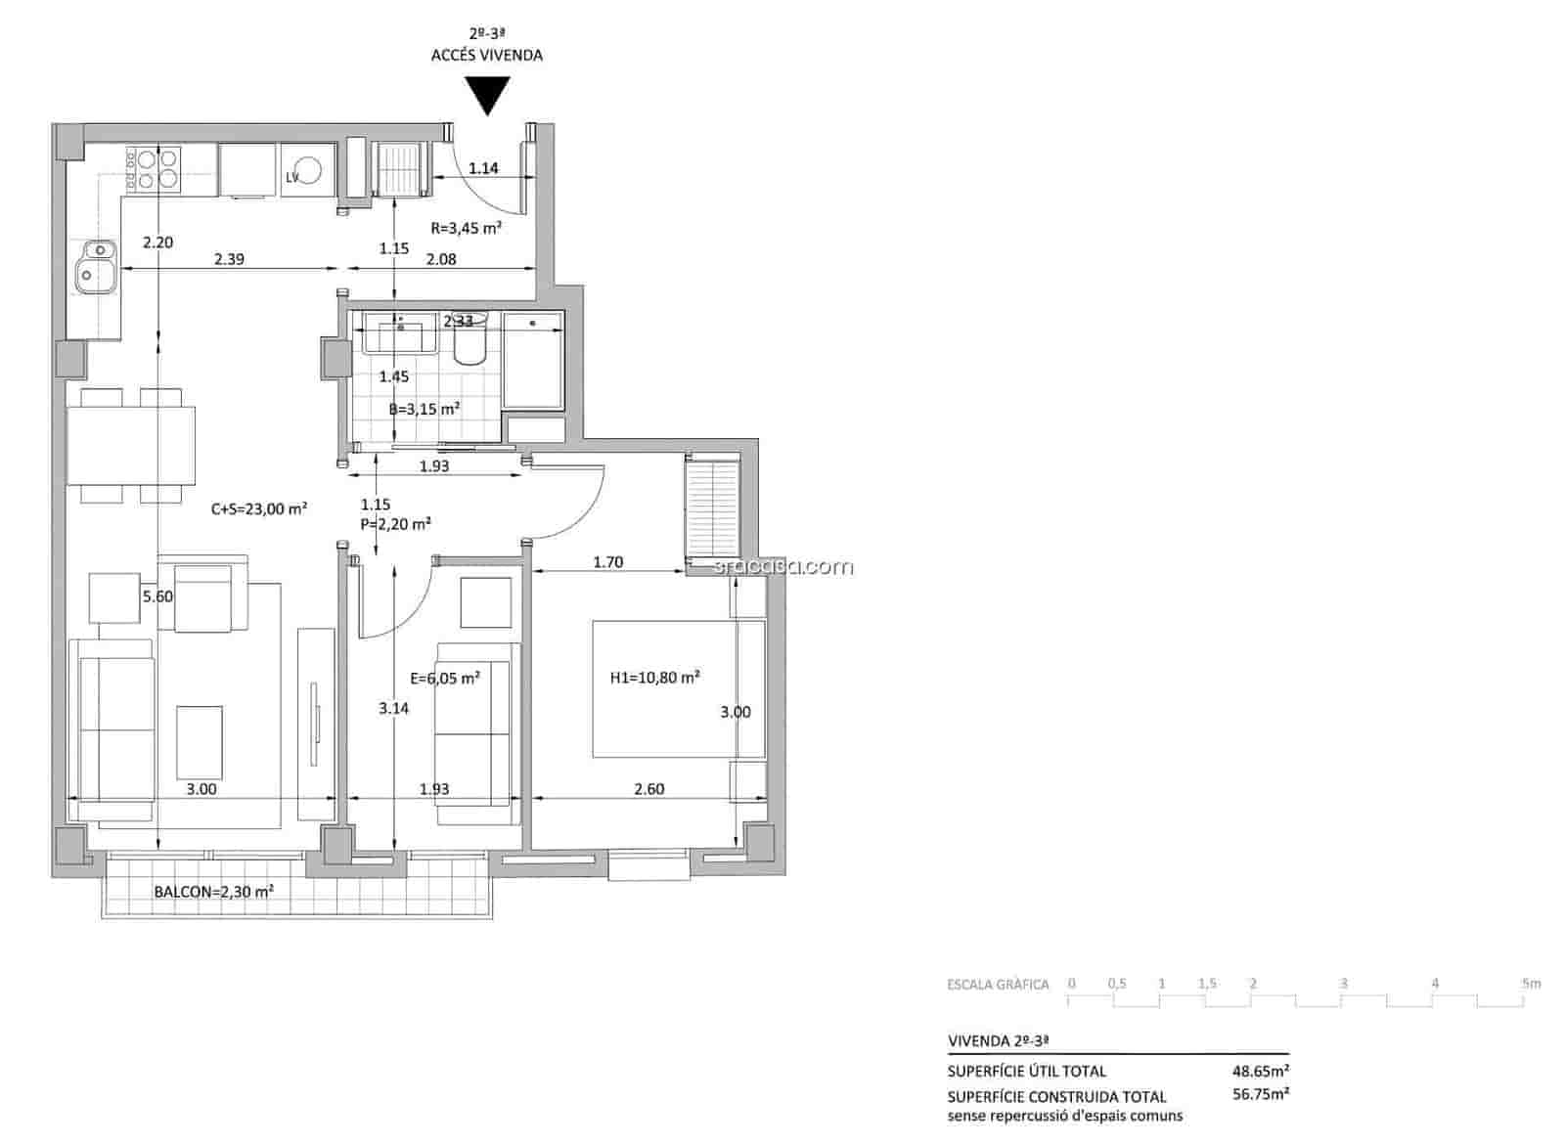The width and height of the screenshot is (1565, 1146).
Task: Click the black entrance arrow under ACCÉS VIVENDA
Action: click(486, 96)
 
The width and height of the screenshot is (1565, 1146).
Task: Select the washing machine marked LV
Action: click(308, 171)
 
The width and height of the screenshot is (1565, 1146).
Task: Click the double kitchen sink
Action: click(96, 264)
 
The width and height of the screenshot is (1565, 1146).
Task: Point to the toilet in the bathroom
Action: click(470, 339)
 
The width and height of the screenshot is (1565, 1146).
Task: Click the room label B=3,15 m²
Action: click(425, 410)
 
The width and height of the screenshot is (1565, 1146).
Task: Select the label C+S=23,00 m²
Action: click(259, 508)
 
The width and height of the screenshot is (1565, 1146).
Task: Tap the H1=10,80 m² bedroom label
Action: click(654, 677)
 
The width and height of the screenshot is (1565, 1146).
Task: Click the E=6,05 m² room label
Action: click(445, 678)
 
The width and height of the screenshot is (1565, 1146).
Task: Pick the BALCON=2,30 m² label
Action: click(213, 892)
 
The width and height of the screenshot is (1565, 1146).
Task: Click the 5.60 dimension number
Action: click(156, 595)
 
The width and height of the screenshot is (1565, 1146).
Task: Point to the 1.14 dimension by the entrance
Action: click(483, 168)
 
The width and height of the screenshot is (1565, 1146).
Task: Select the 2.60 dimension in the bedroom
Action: click(648, 789)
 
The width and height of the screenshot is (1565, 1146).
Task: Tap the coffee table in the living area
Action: click(200, 742)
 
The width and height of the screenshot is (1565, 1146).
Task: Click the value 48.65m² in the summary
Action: click(1260, 1071)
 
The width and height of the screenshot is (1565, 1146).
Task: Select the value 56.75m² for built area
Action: click(1260, 1094)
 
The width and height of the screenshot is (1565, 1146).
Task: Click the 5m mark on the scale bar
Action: click(1531, 984)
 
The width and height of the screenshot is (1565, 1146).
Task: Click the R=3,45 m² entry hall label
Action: click(467, 228)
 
